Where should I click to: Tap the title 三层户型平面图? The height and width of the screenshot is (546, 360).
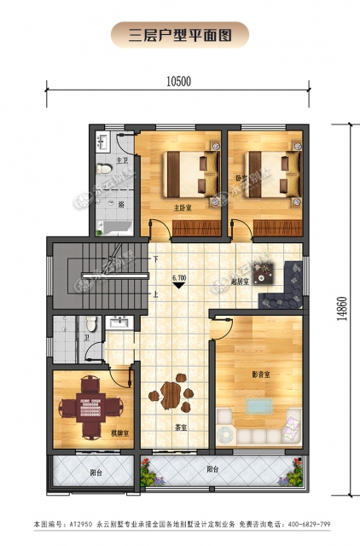(x=180, y=36)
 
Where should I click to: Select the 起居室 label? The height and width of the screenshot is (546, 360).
(x=240, y=282)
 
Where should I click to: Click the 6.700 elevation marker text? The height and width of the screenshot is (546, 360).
(x=179, y=277)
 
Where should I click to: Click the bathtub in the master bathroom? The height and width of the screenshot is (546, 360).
(x=113, y=226)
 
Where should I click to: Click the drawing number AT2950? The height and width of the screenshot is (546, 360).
(x=78, y=523)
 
